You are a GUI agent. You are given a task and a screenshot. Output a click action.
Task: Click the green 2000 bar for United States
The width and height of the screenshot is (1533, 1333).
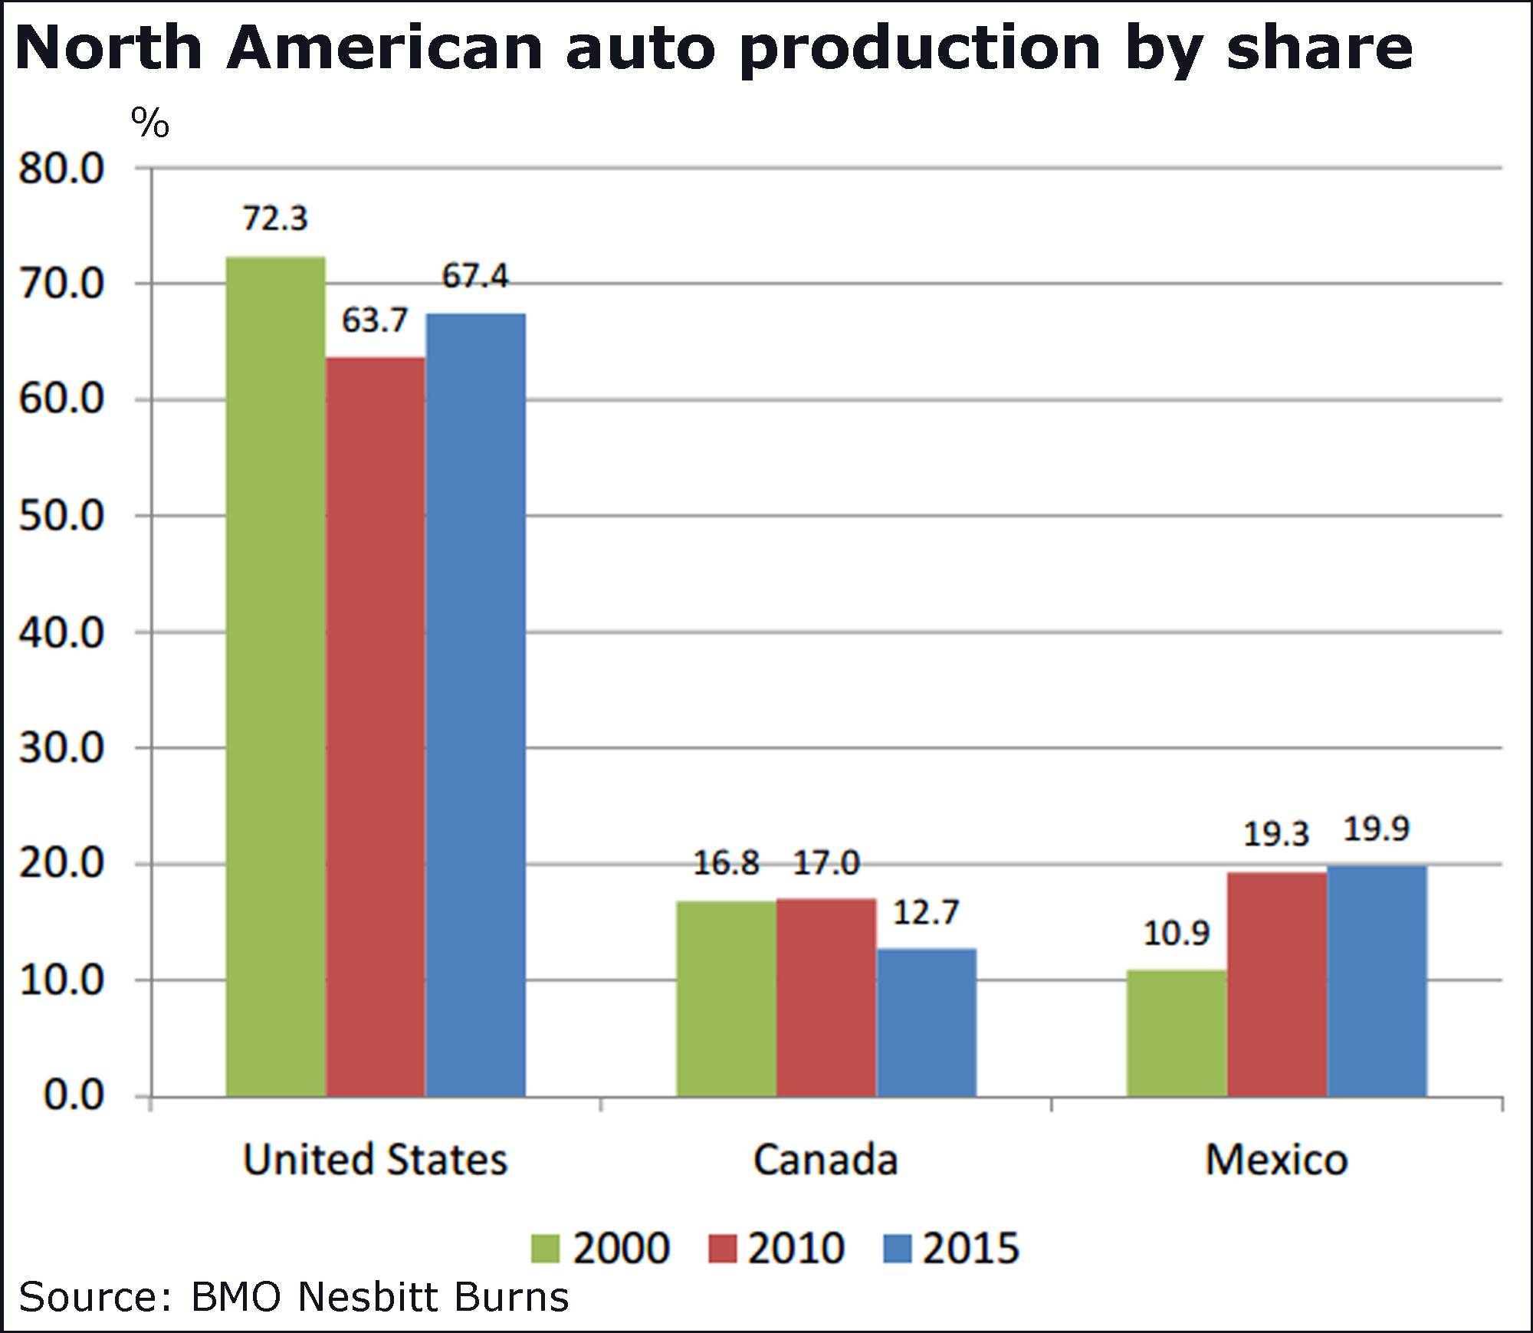point(276,675)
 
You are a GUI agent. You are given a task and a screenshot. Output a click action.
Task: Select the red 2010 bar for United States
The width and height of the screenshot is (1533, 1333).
point(376,725)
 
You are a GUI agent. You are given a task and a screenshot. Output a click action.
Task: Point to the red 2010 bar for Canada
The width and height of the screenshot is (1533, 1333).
point(826,996)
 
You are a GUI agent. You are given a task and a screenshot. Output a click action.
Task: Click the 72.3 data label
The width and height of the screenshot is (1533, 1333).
point(275,218)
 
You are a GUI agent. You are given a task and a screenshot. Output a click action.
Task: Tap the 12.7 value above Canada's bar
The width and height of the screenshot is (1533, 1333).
point(926,912)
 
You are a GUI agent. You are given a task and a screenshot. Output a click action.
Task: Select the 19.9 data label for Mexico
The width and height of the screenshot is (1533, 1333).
point(1377,829)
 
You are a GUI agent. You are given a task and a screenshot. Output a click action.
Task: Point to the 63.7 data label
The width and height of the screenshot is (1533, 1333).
point(375,320)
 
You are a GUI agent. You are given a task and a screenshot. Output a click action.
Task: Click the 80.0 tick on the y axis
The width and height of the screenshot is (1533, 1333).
point(61,169)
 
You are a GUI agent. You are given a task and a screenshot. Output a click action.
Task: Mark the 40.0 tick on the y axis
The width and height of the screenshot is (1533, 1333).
point(61,632)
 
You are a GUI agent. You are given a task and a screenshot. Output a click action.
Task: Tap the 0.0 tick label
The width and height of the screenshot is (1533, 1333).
point(74,1095)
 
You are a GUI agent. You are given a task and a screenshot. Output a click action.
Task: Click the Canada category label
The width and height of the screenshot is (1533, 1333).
point(826,1160)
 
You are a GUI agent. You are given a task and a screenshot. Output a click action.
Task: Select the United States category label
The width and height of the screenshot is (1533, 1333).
point(375,1160)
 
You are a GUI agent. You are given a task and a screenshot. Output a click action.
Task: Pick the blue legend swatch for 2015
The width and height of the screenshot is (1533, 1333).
point(898,1249)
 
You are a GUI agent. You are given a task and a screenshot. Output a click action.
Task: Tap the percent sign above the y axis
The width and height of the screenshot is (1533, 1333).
point(150,123)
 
